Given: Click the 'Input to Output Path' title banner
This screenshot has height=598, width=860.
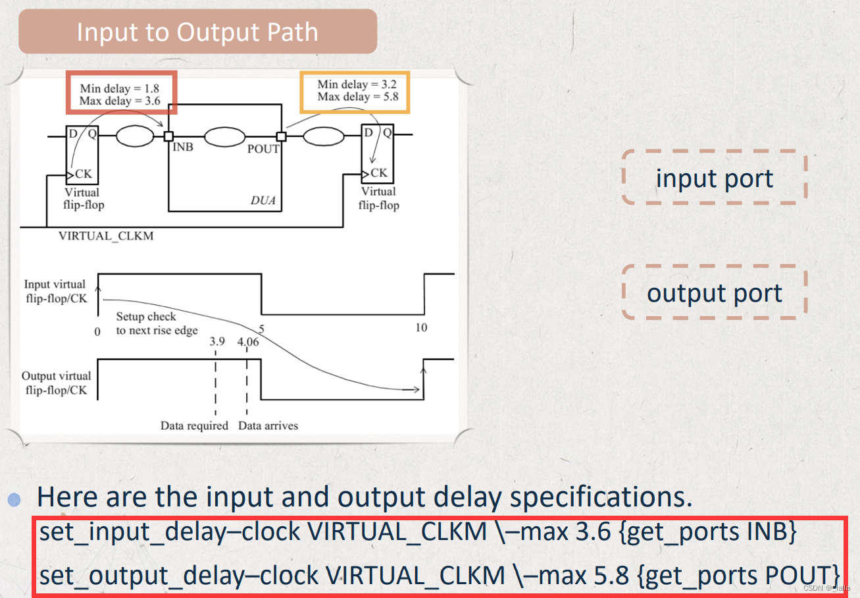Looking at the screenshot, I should (197, 32).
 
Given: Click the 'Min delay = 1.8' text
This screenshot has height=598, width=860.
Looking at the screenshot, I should (118, 88).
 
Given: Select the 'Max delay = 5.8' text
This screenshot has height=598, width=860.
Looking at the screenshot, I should (357, 97).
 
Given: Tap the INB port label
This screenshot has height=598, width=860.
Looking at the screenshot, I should (182, 147).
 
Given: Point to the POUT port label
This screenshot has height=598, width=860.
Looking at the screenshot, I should (263, 149).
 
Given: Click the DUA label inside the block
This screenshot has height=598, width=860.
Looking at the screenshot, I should (263, 200).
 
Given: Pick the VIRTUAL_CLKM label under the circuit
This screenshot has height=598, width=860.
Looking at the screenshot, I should (106, 236).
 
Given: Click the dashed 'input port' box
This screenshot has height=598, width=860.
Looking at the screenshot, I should (715, 178).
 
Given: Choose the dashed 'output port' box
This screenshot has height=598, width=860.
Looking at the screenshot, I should (715, 293).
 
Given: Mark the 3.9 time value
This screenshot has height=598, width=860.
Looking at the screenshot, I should (217, 342).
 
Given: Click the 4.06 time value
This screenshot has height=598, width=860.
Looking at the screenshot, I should (248, 342).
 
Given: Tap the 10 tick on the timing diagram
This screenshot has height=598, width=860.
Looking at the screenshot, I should (421, 327).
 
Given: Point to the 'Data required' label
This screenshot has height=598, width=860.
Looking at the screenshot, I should (194, 426).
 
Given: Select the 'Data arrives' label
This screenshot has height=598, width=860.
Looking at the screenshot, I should (268, 426).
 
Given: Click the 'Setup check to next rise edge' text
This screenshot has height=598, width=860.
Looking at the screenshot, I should (157, 323).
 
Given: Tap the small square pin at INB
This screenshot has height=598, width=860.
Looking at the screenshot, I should (168, 136).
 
